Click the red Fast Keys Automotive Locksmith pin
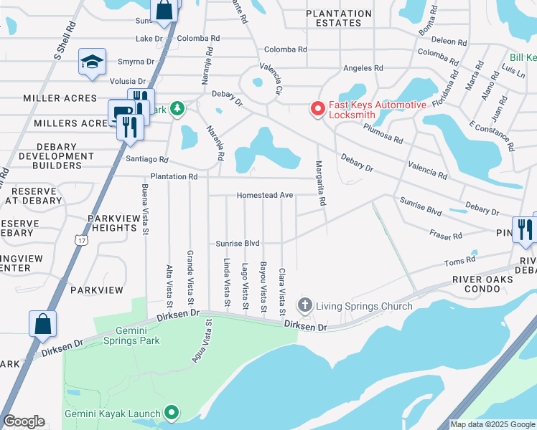pyautogui.click(x=317, y=109)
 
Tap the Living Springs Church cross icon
pyautogui.click(x=304, y=307)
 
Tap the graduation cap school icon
pyautogui.click(x=93, y=62)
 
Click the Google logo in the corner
pyautogui.click(x=24, y=421)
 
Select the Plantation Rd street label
pyautogui.click(x=173, y=176)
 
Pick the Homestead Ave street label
pyautogui.click(x=266, y=195)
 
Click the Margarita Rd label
pyautogui.click(x=321, y=183)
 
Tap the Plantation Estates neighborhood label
pyautogui.click(x=339, y=18)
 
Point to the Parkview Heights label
pyautogui.click(x=112, y=223)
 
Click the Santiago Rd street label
pyautogui.click(x=146, y=159)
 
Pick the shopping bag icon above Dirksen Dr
pyautogui.click(x=42, y=322)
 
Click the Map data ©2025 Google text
pyautogui.click(x=492, y=424)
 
